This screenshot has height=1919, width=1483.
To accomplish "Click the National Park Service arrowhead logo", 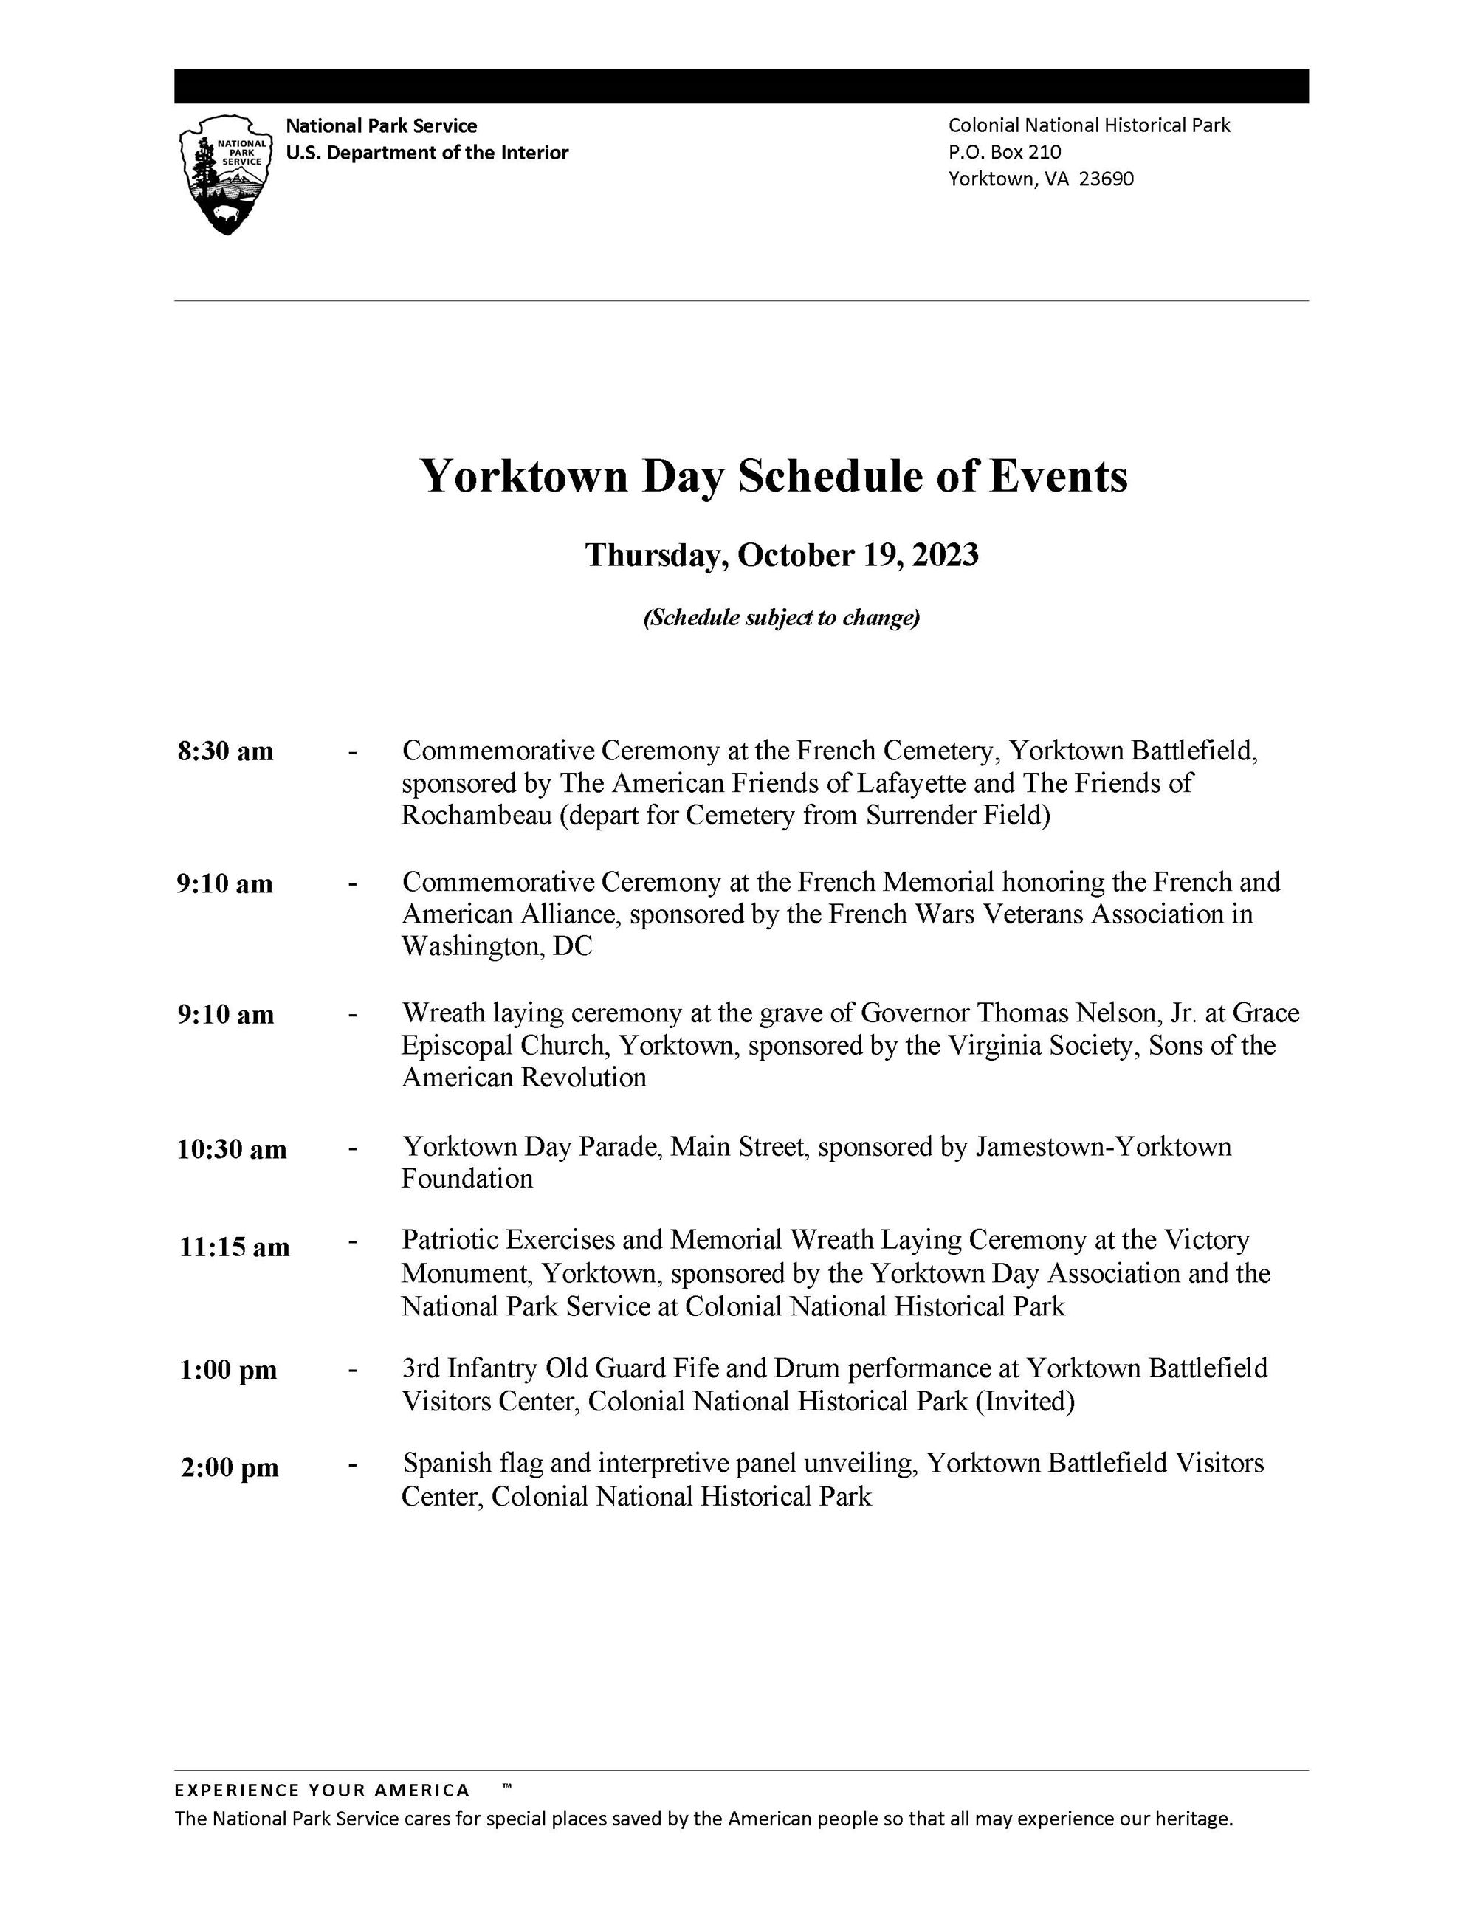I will [x=225, y=175].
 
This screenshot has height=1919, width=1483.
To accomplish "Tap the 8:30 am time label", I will [x=225, y=751].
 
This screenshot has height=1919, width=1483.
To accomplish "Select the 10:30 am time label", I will [x=231, y=1149].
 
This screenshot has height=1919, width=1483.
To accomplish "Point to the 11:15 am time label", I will [x=234, y=1247].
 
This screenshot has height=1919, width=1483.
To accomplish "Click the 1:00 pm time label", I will [x=227, y=1370].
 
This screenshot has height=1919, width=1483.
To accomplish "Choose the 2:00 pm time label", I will [x=230, y=1467].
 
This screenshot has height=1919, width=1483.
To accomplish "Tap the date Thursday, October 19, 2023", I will [x=781, y=555].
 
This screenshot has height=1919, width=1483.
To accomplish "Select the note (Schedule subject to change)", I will [x=781, y=618].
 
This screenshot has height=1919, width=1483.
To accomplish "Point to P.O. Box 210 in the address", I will [x=1004, y=152].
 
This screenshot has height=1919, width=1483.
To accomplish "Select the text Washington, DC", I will [x=496, y=946].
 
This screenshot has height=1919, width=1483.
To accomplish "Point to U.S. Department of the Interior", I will [x=427, y=153].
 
